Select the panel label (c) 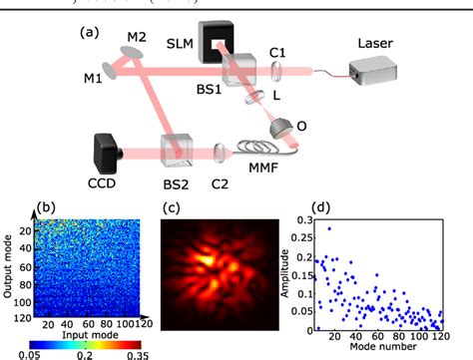[x=172, y=211]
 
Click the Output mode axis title [x=8, y=269]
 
